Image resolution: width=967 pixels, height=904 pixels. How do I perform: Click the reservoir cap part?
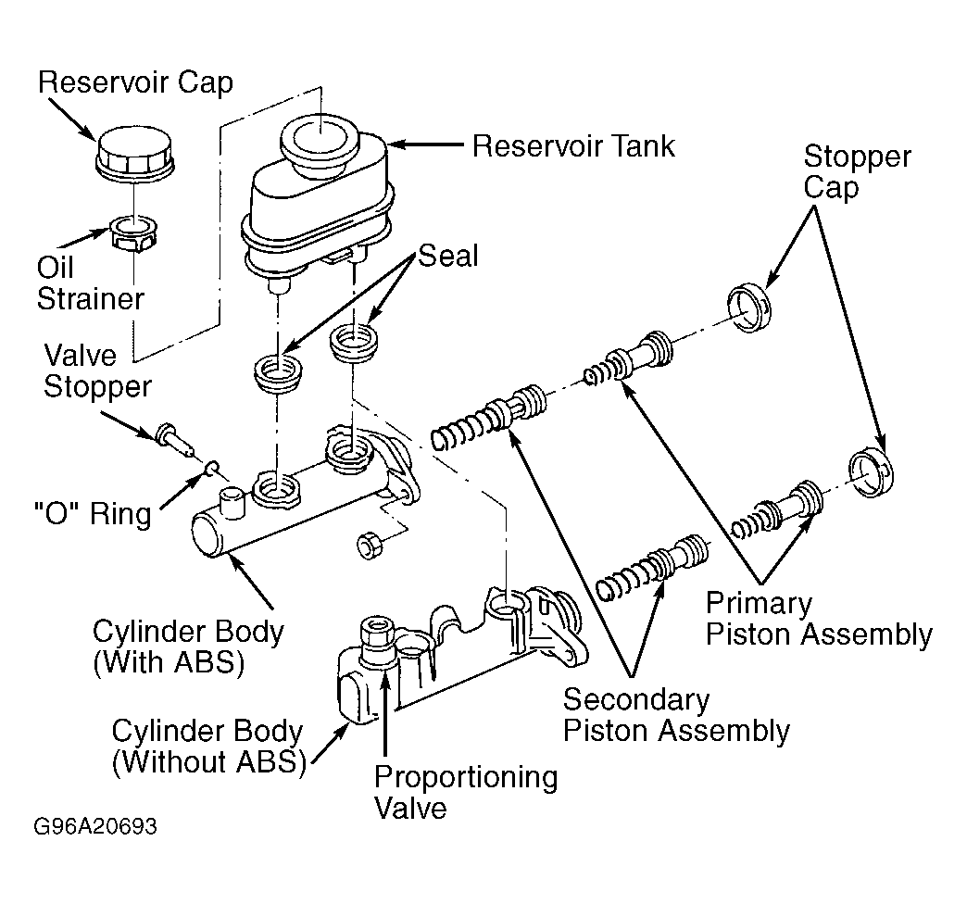click(135, 156)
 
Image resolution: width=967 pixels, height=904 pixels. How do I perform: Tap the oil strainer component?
click(133, 232)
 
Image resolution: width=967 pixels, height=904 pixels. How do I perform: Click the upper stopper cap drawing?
click(748, 308)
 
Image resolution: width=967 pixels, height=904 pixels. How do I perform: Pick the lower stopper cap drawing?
click(871, 472)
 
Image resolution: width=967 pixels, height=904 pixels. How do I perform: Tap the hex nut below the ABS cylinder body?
click(370, 546)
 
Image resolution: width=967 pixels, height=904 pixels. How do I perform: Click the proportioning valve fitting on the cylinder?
click(376, 640)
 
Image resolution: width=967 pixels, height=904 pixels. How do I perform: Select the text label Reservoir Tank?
click(573, 146)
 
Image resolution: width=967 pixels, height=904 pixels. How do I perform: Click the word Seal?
click(447, 256)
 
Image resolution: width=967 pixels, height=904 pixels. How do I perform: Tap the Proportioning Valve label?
click(466, 792)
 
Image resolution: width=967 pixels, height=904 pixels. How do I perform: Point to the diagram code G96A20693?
click(95, 825)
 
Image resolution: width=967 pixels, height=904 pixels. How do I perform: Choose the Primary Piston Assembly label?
click(819, 619)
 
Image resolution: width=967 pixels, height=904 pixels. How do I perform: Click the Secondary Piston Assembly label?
click(676, 715)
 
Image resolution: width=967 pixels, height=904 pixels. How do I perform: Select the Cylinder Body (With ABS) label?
click(188, 647)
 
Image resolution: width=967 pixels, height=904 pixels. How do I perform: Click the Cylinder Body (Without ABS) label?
click(209, 747)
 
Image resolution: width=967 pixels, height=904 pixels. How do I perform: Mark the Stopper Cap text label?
click(857, 171)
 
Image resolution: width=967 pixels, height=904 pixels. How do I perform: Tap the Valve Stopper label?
click(97, 371)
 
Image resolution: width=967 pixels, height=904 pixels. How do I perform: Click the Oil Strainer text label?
click(90, 283)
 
